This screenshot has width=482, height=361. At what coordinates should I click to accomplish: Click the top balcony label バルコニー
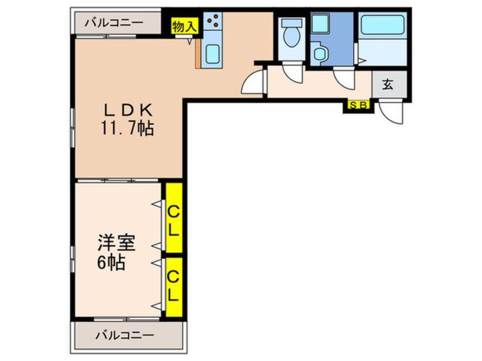point(114,23)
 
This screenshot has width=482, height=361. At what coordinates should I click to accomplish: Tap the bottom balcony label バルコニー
point(125,335)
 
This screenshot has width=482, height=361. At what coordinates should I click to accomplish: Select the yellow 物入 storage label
point(185,26)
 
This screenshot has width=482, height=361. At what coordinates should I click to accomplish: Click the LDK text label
point(128,110)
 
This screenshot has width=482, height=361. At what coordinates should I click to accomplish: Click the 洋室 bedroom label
point(116,243)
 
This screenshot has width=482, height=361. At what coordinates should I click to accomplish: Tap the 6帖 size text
point(111,262)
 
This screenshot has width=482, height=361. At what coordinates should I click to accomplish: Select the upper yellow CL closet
point(174,218)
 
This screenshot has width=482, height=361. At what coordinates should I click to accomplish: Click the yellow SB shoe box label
point(358,105)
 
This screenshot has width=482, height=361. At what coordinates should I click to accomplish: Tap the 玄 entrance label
point(388,84)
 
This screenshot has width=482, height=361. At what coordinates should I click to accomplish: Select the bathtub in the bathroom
point(382,24)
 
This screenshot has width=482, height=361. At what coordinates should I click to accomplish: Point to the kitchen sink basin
point(212,54)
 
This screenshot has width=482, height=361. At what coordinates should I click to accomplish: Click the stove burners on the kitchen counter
point(213,20)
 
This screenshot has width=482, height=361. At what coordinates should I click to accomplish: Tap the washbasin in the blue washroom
point(320,54)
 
